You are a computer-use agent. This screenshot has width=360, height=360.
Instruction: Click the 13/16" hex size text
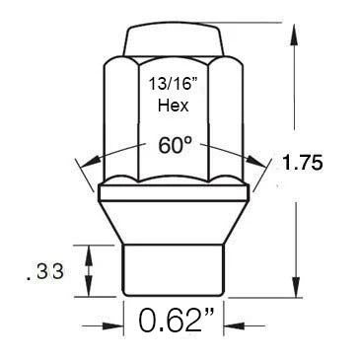[x=173, y=85]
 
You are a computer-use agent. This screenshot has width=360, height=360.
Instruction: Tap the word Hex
[x=174, y=106]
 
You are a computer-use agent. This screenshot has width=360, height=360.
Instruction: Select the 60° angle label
[x=175, y=145]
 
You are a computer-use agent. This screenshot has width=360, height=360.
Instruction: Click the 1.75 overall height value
[x=302, y=164]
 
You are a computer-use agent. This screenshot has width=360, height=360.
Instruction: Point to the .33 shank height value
[x=44, y=272]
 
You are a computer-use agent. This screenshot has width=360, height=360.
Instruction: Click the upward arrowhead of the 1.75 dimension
[x=295, y=35]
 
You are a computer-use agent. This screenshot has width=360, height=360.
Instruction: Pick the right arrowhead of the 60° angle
[x=256, y=161]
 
